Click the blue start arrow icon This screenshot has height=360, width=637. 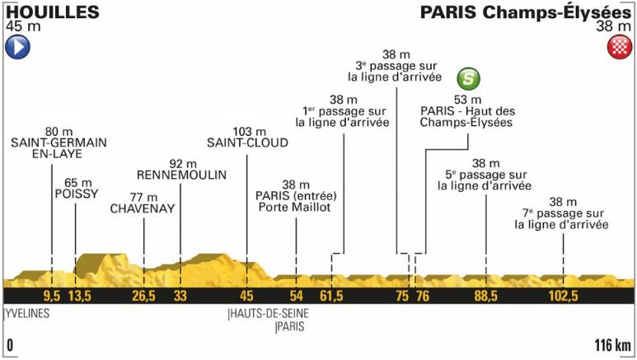coord(17,47)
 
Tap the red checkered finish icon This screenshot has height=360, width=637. coord(619,47)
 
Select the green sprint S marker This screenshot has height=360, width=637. coord(469,79)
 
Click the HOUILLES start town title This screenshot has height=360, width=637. coord(51,12)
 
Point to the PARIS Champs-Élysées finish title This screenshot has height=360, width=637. coord(526,12)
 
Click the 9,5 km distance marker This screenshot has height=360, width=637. coord(52,296)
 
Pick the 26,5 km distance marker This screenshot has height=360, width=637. coord(143,296)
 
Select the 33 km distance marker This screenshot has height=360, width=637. coord(180,296)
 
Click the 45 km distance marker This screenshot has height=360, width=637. coord(246,296)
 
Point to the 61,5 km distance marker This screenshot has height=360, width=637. coord(331,296)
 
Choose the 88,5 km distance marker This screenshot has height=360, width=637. coord(485,296)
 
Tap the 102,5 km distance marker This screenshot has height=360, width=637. coord(564,296)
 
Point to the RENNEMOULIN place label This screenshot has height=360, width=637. coord(179,175)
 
